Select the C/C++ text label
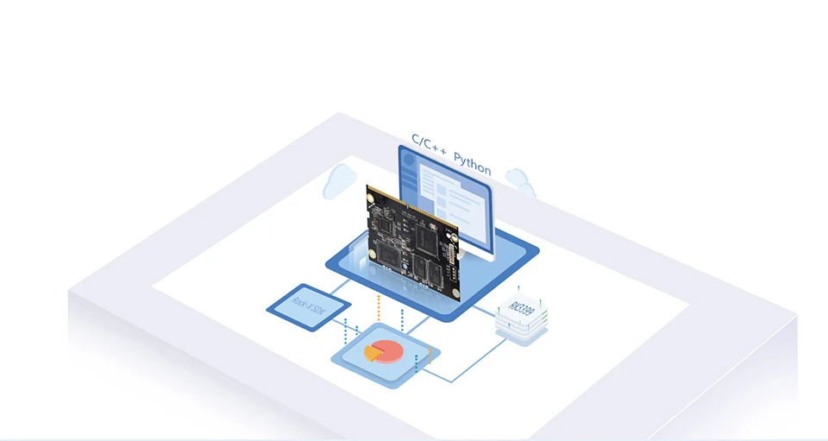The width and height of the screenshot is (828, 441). pos(428,142)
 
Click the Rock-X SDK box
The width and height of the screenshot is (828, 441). pos(308,303)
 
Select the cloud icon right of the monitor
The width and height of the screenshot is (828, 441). pos(519,180)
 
